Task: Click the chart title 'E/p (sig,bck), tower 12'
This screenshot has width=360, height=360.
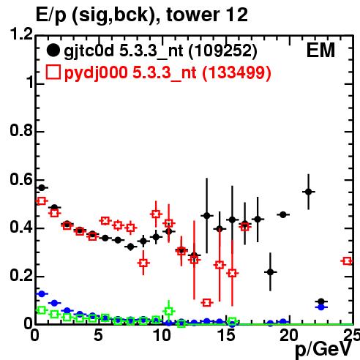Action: click(x=142, y=15)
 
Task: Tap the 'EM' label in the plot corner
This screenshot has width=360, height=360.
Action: click(x=320, y=50)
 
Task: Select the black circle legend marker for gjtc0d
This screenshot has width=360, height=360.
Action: click(x=53, y=50)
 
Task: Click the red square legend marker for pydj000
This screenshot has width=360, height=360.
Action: click(x=53, y=72)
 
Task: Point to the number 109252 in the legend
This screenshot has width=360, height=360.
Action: click(x=223, y=51)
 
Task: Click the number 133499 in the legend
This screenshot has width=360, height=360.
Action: click(x=236, y=72)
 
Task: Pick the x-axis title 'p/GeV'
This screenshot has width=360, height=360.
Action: click(x=323, y=350)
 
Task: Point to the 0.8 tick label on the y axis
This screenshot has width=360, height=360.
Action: click(x=21, y=130)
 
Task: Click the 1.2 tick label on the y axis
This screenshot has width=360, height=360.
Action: click(x=21, y=34)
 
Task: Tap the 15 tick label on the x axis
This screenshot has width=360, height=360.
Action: click(x=227, y=335)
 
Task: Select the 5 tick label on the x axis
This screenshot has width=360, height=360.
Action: click(x=98, y=335)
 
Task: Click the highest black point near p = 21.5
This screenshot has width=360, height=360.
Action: click(x=309, y=192)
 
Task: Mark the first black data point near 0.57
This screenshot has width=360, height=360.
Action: click(x=42, y=188)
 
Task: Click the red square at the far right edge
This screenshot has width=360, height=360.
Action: click(x=347, y=261)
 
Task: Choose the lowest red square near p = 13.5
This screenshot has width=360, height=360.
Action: click(x=207, y=303)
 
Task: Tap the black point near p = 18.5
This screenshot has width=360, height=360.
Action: click(x=270, y=272)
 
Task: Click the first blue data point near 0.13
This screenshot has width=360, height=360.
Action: click(x=42, y=294)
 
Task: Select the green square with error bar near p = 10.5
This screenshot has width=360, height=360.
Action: click(x=168, y=311)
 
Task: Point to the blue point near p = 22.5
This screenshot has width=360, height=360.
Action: click(x=321, y=307)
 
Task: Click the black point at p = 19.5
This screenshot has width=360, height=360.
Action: click(x=283, y=215)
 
